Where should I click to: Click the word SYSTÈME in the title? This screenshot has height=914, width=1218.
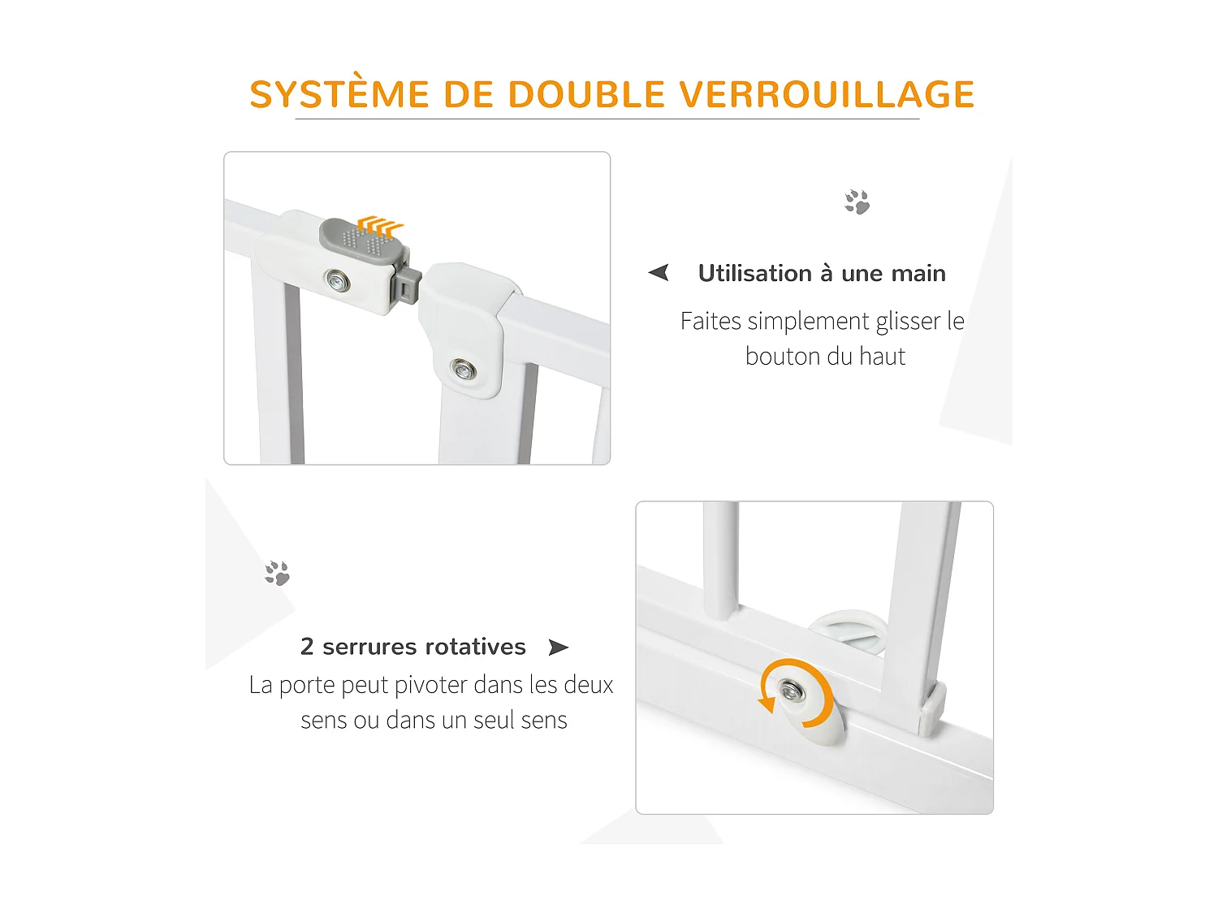click(x=339, y=94)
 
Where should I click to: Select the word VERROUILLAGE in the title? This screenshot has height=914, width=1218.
click(x=827, y=94)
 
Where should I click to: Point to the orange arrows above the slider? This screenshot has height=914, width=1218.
click(x=381, y=225)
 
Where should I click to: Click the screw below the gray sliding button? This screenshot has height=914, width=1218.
click(x=336, y=281)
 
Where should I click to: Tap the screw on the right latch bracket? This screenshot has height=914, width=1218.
click(x=464, y=370)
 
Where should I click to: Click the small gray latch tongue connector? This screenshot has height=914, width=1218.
click(x=407, y=285)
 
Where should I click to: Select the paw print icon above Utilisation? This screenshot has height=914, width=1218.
click(x=857, y=201)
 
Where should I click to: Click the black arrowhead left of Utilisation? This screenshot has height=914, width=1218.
click(x=659, y=272)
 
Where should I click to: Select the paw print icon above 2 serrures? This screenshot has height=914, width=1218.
click(x=277, y=573)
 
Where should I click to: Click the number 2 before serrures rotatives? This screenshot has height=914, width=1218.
click(x=307, y=647)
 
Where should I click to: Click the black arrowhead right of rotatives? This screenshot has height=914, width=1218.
click(x=558, y=648)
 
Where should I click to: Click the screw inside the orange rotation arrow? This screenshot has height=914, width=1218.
click(x=790, y=691)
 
